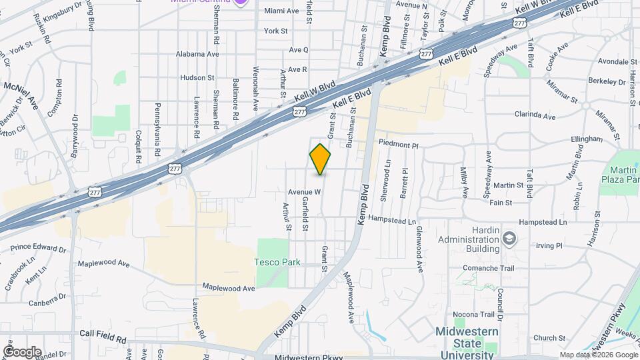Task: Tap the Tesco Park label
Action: click(x=277, y=262)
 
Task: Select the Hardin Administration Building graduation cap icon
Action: click(x=509, y=238)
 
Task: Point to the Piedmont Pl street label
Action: click(x=398, y=144)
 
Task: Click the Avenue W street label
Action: click(x=304, y=192)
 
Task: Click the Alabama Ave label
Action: click(x=197, y=54)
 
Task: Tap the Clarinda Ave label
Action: click(x=534, y=116)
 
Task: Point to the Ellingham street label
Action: click(x=587, y=139)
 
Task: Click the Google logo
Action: click(x=22, y=351)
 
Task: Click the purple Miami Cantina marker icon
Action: click(x=240, y=2)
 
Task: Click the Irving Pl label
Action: click(x=549, y=245)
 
